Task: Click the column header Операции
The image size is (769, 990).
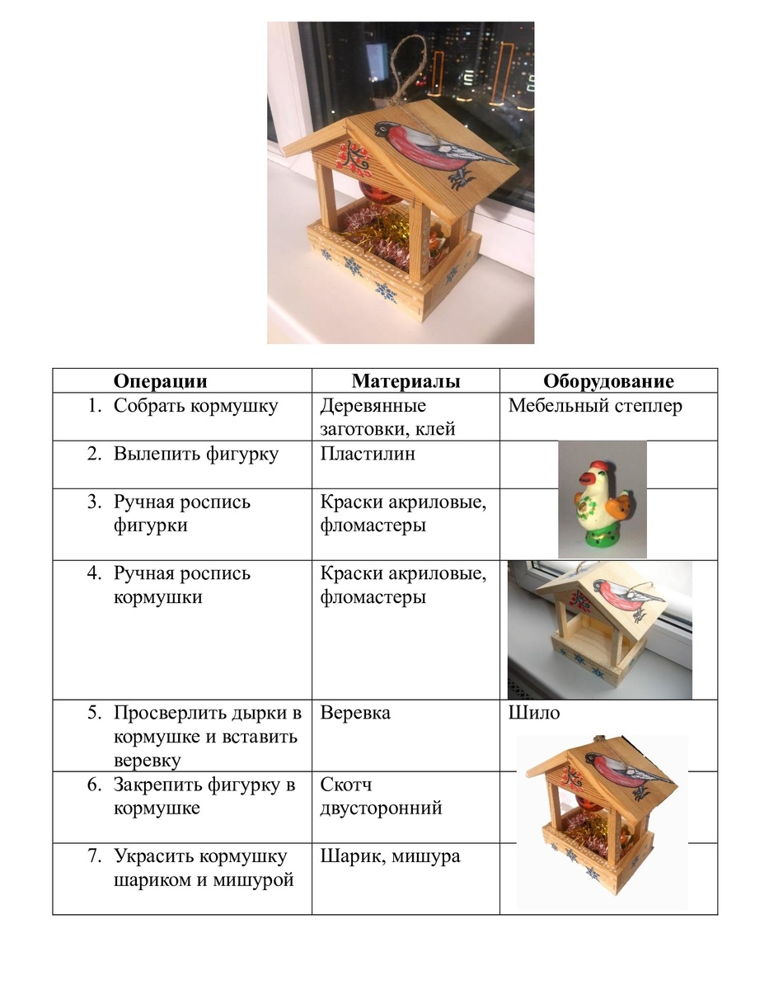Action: point(160,381)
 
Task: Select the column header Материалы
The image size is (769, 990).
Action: point(406,381)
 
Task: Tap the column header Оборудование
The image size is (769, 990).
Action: point(608,381)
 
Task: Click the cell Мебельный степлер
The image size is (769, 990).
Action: point(595,406)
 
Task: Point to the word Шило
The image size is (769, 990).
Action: point(534,713)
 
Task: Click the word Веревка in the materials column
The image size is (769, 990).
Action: point(355,713)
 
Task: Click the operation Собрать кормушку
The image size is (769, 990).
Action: point(195,406)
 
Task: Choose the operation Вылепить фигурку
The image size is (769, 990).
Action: point(196,455)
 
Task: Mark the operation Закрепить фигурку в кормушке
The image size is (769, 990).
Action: point(204,796)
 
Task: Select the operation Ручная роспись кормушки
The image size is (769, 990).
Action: point(182,585)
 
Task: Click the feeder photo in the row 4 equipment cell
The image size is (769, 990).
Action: point(599,629)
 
